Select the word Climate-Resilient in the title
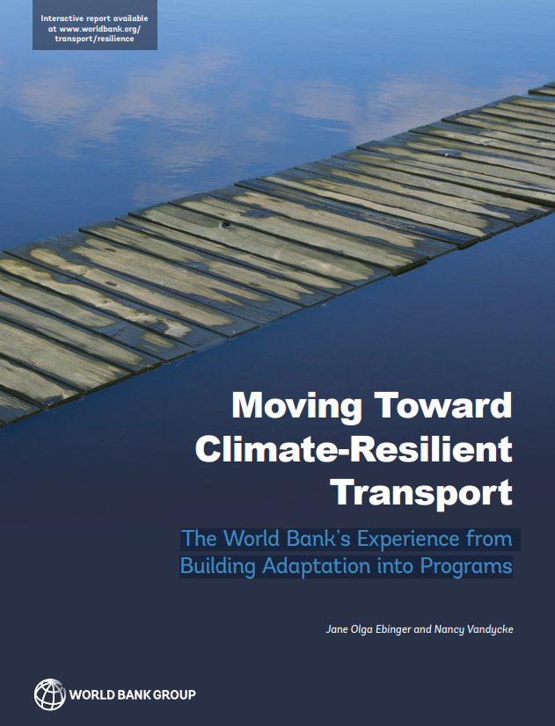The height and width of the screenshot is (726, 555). coord(354,448)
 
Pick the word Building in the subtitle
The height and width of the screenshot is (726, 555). coord(218,567)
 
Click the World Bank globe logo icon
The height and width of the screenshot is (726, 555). coord(50,694)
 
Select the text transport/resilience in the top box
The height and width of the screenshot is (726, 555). coord(94,39)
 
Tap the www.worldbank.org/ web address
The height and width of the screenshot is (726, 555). coord(100,29)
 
